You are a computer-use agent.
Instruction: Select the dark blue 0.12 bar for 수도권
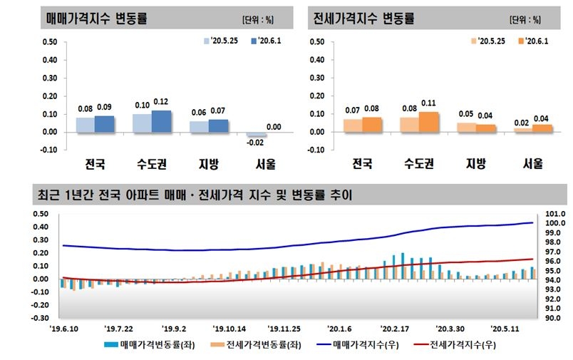(161, 121)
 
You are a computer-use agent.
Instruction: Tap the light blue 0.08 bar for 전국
(86, 125)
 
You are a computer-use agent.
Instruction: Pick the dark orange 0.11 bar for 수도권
(428, 122)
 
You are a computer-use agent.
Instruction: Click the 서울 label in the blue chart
(265, 164)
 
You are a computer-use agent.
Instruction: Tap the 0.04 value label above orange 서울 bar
(542, 118)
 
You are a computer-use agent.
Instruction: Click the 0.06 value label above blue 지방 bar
(199, 112)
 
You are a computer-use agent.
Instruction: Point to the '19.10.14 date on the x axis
(229, 329)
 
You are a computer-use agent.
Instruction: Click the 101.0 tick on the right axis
(554, 214)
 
